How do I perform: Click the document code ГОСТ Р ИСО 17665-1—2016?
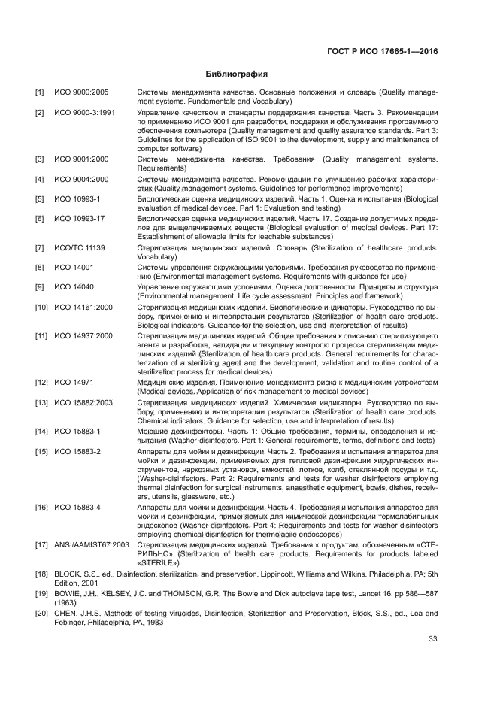[x=382, y=52]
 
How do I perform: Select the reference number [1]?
[x=39, y=92]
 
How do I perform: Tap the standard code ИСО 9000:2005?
[x=81, y=92]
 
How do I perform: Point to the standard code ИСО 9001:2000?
[x=81, y=159]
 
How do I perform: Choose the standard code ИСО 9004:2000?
[x=81, y=180]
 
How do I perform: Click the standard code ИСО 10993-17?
[x=80, y=219]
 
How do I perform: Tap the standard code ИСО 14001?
[x=74, y=268]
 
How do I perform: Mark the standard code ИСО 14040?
[x=74, y=287]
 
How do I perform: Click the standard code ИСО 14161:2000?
[x=83, y=308]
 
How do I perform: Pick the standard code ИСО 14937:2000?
[x=83, y=336]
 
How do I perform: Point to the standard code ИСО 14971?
[x=74, y=383]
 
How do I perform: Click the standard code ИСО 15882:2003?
[x=83, y=403]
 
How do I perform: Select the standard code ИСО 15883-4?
[x=77, y=508]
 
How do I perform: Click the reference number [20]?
[x=41, y=614]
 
